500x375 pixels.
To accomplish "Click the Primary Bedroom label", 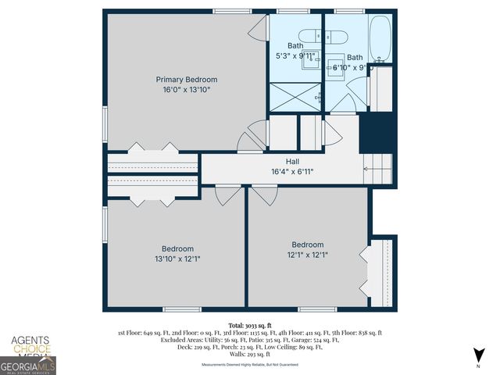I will coord(186,80).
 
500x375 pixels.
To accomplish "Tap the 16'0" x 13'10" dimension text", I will coord(186,90).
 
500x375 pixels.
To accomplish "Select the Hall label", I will coord(292,162).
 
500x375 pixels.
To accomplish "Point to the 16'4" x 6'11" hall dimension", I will coord(292,172).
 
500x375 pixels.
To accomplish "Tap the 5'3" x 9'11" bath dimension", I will coord(295,56).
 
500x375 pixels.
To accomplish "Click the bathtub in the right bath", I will coord(381,38).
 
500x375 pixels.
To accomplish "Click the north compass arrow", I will coord(477,358).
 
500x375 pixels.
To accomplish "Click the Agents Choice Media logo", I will coord(29,346).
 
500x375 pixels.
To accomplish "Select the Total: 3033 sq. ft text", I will coord(250,324).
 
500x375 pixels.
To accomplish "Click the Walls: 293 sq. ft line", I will coord(250,355).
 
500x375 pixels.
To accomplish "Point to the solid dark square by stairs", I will coord(373,133).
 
